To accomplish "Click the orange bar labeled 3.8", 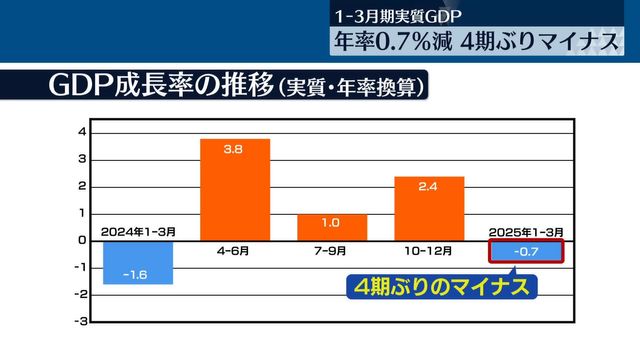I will (235, 189).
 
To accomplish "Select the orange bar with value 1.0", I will (332, 227).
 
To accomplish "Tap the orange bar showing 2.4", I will (429, 208).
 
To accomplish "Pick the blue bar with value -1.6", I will (138, 262).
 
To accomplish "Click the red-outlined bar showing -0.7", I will (526, 250).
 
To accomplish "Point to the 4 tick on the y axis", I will (82, 132).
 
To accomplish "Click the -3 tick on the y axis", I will (81, 321).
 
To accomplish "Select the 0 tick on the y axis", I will (82, 240).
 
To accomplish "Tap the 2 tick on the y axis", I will (82, 186).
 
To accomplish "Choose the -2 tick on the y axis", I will (81, 294).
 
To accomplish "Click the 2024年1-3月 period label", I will (138, 232).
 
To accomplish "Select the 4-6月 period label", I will (235, 251).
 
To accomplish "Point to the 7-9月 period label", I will (332, 251).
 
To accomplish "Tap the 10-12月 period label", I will (429, 251).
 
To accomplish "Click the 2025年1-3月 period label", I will (526, 232).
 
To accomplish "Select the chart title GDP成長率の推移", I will (160, 86).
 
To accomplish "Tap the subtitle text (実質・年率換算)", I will (351, 88).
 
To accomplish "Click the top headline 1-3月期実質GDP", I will (406, 17).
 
